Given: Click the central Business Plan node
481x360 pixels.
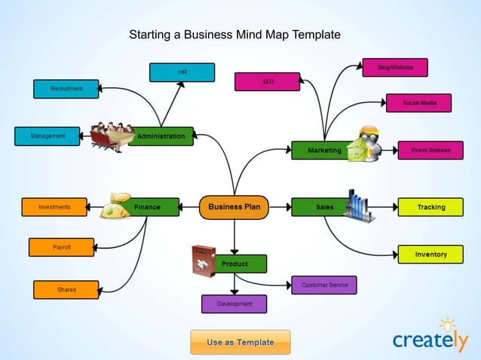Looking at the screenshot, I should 234,207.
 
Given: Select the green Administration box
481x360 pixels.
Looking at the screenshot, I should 161,136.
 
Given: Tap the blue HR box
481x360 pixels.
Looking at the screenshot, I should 182,72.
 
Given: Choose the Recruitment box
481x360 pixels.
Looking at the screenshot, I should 66,89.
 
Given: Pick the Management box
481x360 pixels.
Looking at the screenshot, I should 47,136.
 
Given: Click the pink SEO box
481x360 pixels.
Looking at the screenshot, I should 267,81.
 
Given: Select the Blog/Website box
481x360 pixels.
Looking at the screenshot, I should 395,68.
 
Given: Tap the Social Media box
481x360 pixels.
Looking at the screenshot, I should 418,102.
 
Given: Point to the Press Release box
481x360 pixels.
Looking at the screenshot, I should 430,151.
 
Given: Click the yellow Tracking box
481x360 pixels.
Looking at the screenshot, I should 430,207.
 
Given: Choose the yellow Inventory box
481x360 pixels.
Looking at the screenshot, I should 430,255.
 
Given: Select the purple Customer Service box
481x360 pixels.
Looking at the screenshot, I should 323,285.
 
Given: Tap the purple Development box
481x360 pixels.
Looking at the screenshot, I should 234,304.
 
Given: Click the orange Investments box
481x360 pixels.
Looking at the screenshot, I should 54,207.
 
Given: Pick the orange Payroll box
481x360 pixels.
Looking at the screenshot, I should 62,247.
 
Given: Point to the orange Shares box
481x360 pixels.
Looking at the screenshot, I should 66,289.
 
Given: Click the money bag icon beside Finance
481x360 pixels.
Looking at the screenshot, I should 117,206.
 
